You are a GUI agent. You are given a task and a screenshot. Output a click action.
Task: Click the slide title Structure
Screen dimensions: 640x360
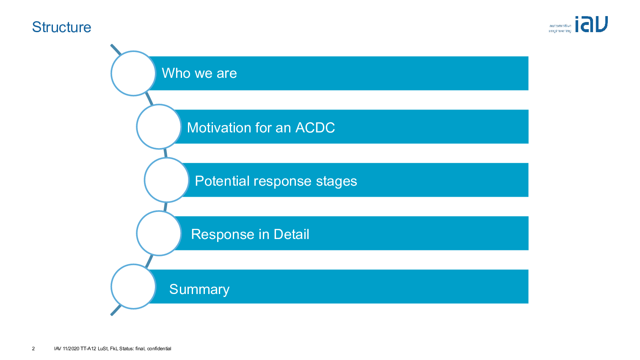61,27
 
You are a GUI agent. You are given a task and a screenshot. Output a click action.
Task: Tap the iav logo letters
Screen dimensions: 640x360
591,24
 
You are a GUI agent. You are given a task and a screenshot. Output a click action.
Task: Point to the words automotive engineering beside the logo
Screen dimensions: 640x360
560,28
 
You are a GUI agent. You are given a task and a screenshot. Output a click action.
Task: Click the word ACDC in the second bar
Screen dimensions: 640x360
315,128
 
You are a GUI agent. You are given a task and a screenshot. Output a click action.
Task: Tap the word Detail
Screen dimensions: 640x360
291,234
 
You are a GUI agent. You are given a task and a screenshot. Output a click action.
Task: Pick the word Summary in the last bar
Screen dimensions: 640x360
199,290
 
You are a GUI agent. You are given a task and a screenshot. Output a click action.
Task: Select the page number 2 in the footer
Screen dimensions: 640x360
33,349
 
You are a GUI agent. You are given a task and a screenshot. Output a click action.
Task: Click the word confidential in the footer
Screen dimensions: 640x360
159,349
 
